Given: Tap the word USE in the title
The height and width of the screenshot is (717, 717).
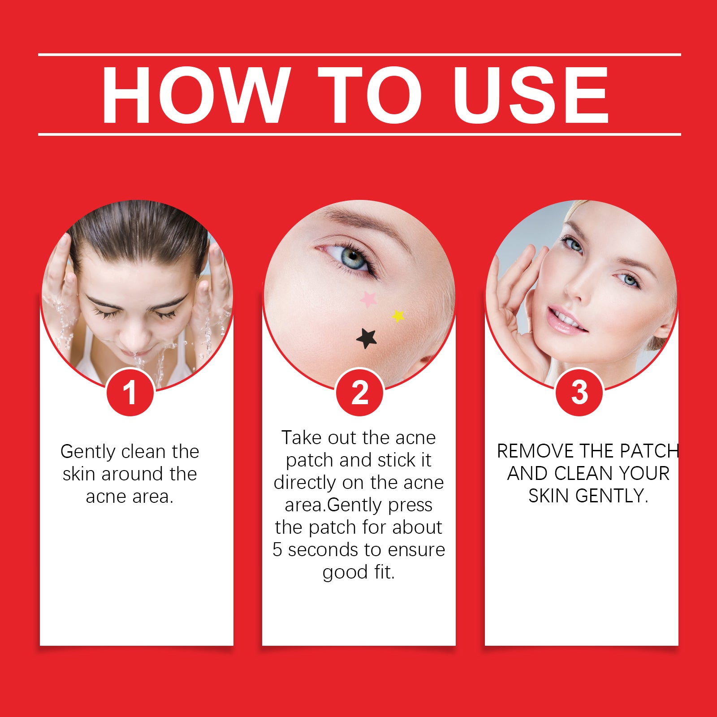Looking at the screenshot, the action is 531,95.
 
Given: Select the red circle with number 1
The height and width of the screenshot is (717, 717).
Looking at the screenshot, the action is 130,393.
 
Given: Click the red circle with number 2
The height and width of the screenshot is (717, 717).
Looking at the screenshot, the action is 359,393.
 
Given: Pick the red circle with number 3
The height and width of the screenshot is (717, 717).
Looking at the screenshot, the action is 579,393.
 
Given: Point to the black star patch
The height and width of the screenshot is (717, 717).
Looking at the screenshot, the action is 367,338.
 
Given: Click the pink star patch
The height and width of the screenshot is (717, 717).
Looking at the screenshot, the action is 368,299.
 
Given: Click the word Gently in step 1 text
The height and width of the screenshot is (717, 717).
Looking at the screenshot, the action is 88,452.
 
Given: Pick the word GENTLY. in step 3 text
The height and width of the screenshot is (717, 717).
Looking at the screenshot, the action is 612,496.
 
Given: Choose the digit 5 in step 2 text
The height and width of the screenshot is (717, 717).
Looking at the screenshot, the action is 277,550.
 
